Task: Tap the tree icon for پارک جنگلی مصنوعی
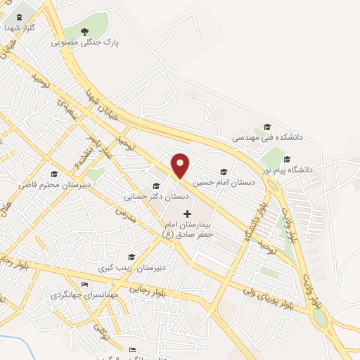[85, 31]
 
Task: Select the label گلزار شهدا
[19, 28]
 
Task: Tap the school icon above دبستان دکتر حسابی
[155, 186]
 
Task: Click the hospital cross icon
[187, 213]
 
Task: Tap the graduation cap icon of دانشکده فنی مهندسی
[267, 127]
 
